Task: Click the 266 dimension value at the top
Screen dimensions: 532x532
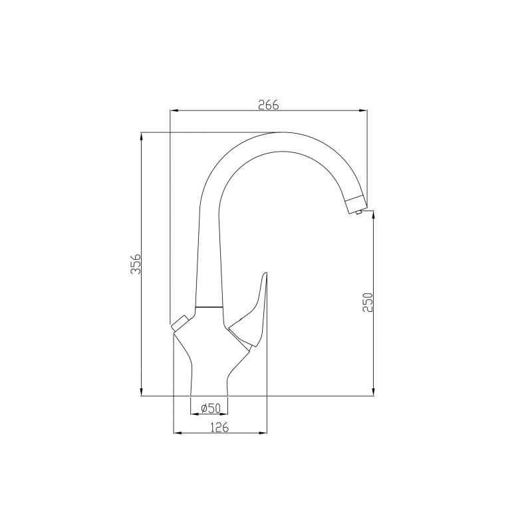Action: click(x=267, y=104)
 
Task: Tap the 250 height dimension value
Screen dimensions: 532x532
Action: click(x=368, y=303)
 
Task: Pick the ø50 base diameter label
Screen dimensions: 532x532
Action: click(x=209, y=407)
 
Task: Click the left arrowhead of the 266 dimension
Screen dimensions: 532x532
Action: click(x=174, y=110)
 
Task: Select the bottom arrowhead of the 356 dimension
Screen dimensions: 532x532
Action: click(x=141, y=392)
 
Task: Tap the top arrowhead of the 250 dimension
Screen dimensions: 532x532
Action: click(x=374, y=218)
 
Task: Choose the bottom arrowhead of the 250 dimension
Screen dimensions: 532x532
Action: click(x=374, y=392)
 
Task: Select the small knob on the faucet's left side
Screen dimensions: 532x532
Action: click(x=178, y=325)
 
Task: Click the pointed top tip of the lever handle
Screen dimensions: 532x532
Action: click(x=265, y=273)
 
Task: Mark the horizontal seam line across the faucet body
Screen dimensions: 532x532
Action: click(x=209, y=308)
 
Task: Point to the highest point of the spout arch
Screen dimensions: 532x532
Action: click(x=279, y=132)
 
